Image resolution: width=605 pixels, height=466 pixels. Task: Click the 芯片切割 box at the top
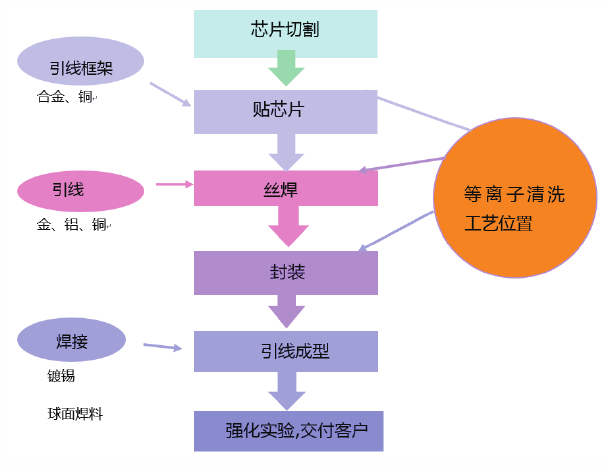286,32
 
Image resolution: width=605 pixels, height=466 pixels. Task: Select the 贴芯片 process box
286,110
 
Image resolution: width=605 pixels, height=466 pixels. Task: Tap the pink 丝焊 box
286,187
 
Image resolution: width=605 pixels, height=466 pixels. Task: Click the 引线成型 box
286,351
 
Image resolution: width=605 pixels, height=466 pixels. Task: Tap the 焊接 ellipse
72,341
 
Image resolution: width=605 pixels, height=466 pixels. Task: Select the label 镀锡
61,377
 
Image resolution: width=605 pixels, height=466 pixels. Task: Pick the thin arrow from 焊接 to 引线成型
162,347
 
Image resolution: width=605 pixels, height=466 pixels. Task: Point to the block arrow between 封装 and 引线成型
286,312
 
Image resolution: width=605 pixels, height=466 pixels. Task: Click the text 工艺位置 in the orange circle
499,224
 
